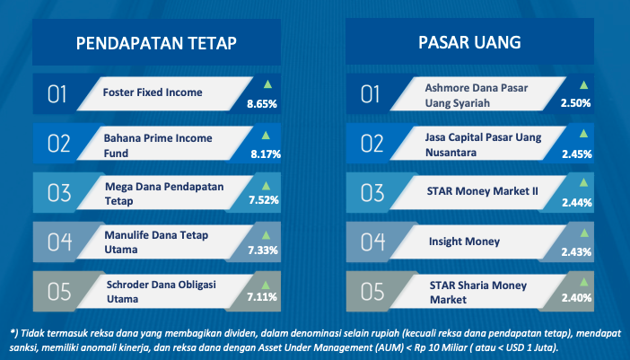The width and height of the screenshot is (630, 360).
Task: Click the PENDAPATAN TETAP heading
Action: point(156,43)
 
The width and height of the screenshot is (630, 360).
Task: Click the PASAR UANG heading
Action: point(469,42)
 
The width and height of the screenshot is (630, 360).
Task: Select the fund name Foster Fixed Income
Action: point(153,92)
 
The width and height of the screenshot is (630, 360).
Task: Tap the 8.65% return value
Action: point(262,104)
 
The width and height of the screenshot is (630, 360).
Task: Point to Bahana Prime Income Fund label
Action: point(158,145)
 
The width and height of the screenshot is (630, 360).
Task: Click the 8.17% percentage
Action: point(266,154)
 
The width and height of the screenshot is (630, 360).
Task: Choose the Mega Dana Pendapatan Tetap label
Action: point(164,194)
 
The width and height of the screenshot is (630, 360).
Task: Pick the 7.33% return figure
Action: point(263,250)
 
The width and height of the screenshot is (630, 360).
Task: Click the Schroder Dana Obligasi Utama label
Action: point(162,292)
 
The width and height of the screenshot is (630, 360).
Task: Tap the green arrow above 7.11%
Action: point(266,285)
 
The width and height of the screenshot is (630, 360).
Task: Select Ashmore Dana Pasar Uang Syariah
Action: point(477,96)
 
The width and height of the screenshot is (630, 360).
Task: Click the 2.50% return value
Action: point(576,103)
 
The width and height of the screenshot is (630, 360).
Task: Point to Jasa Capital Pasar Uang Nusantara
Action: point(484,145)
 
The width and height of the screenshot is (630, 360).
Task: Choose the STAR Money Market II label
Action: point(482,191)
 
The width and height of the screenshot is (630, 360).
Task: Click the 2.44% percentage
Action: point(576,203)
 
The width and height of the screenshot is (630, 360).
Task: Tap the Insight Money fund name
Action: point(465,241)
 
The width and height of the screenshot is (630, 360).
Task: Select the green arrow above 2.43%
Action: point(584,233)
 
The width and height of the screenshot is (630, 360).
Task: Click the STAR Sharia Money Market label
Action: point(478,293)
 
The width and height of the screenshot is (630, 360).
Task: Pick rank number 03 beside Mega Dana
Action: point(59,193)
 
